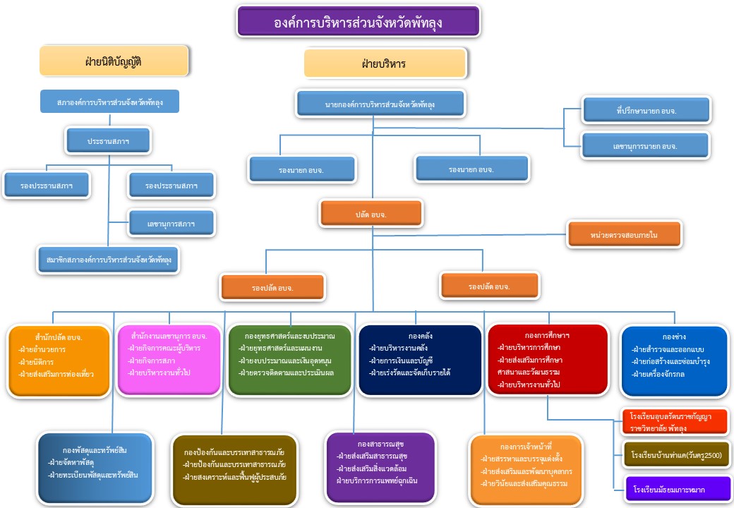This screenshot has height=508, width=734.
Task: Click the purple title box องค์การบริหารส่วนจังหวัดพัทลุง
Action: pos(359,22)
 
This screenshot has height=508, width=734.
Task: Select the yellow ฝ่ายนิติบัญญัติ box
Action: pos(114,61)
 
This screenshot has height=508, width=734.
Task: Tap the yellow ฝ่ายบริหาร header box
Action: pos(385,64)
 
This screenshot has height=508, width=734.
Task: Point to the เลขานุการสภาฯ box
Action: pos(171,224)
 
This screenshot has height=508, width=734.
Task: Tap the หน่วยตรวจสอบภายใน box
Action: pos(625,234)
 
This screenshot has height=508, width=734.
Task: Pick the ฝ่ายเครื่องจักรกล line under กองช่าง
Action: pos(658,374)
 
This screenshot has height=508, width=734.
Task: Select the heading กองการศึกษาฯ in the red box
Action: pos(547,335)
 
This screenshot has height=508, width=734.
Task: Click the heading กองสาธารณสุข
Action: pos(380,444)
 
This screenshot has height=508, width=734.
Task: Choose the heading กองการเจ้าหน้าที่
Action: pos(525,446)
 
